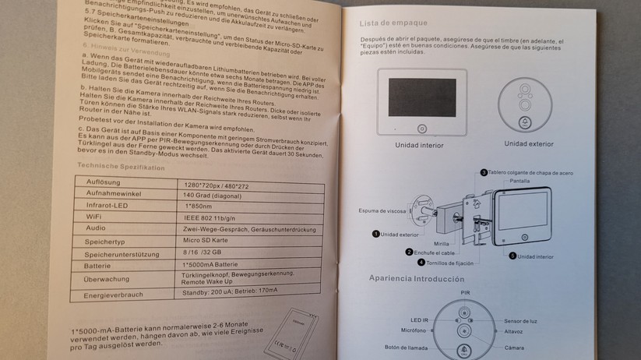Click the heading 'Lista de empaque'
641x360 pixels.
point(391,23)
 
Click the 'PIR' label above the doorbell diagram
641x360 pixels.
point(466,294)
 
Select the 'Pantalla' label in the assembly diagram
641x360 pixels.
point(520,181)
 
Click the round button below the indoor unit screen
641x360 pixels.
point(421,129)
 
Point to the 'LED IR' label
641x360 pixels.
point(421,321)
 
